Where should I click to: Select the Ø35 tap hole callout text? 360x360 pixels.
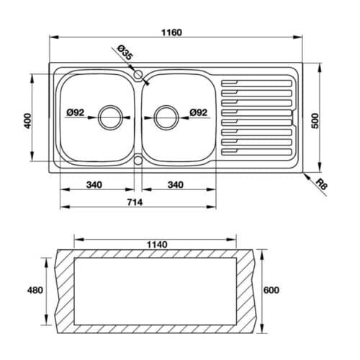(x=123, y=54)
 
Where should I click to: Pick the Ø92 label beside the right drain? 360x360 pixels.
(x=199, y=112)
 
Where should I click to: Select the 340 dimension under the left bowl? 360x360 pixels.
(x=94, y=184)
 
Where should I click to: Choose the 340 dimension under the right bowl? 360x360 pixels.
(x=175, y=184)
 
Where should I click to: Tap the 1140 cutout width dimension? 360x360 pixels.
(x=157, y=244)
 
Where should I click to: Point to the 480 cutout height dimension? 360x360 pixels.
(x=35, y=290)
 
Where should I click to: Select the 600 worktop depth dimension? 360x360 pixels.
(x=271, y=290)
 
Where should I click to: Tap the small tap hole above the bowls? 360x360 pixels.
(x=138, y=74)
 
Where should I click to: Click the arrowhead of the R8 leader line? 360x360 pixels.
(x=304, y=172)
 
